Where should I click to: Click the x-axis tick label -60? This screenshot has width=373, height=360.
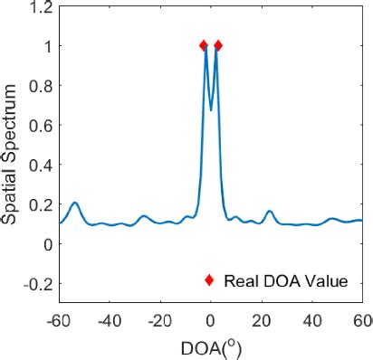click(x=59, y=319)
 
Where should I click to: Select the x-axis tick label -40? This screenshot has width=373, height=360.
click(x=110, y=319)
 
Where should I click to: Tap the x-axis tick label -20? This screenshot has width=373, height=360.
click(x=160, y=319)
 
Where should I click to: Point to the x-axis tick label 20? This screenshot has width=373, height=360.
click(x=262, y=319)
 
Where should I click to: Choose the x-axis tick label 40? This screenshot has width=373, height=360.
click(x=312, y=319)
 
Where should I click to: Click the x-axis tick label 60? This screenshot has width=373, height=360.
click(x=361, y=319)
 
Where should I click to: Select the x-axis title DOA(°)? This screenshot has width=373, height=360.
click(x=211, y=347)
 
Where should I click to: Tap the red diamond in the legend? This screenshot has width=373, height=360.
click(x=209, y=280)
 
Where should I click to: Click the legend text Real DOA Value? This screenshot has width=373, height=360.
click(x=286, y=280)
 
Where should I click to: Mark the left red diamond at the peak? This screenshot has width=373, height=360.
click(x=204, y=45)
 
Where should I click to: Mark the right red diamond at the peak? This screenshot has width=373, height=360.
click(x=217, y=45)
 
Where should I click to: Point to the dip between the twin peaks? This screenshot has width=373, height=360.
click(x=211, y=109)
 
